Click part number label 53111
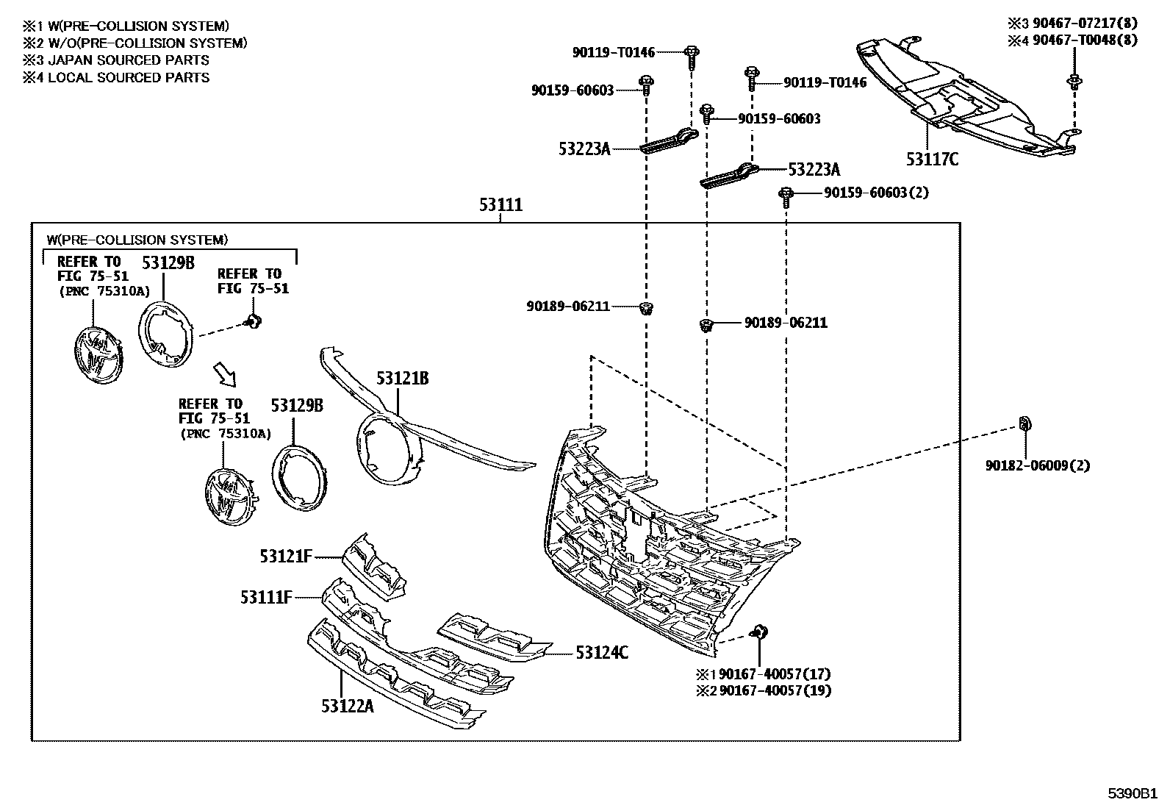pos(500,204)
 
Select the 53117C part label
pos(932,159)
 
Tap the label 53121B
pos(402,379)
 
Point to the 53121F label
pos(286,557)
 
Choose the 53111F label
pos(266,597)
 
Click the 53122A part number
pos(347,706)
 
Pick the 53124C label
pos(602,652)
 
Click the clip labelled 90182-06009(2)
pos(1024,423)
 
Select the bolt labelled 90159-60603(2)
pos(786,196)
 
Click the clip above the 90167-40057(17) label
pos(758,631)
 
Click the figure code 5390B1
pos(1133,794)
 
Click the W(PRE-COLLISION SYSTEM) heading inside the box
pos(137,240)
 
